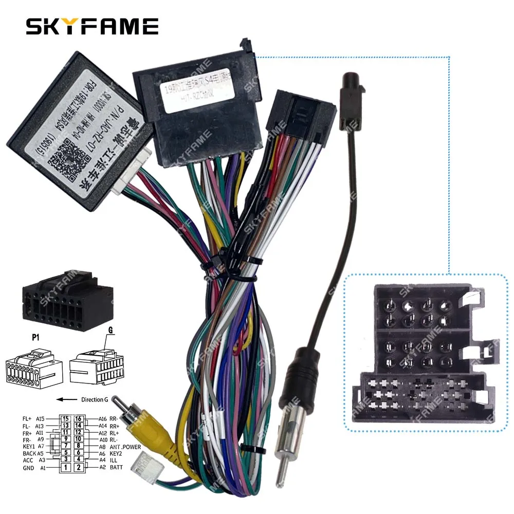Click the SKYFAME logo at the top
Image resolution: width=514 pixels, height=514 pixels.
point(92,26)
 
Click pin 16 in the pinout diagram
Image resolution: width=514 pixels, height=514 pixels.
point(79,419)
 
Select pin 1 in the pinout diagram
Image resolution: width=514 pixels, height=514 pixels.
point(66,467)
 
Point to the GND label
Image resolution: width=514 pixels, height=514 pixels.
point(29,467)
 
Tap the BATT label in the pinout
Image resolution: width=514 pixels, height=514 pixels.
point(116,467)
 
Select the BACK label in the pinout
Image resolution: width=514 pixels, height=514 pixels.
point(29,453)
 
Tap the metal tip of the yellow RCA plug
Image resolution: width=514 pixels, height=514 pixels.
point(118,399)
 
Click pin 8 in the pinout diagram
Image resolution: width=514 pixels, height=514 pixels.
point(79,447)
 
